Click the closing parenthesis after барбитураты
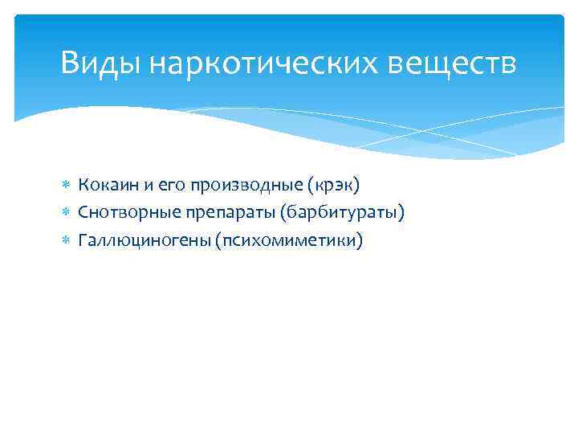click(401, 212)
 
